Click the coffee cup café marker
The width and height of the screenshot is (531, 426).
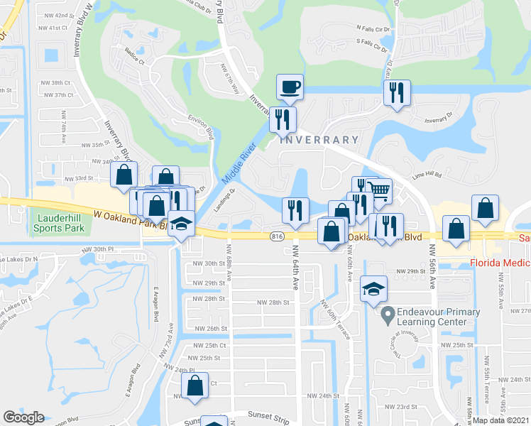click(x=290, y=87)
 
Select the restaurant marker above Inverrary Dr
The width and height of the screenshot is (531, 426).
click(x=396, y=93)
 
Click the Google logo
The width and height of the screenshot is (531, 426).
click(x=23, y=417)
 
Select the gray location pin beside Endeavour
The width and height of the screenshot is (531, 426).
click(x=388, y=312)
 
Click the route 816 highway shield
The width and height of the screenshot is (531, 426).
click(x=278, y=235)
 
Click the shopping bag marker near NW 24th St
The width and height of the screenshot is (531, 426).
click(x=195, y=386)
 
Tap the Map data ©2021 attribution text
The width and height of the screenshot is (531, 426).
click(x=501, y=420)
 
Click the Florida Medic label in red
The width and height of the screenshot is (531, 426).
click(x=500, y=263)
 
